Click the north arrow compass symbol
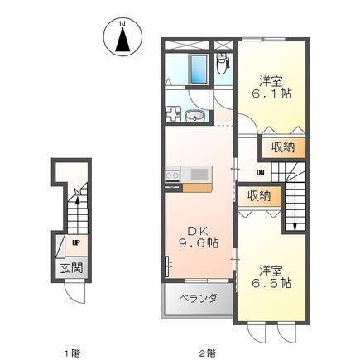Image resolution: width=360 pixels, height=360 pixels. point(122,37)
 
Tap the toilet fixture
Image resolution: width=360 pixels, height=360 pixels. point(222,64)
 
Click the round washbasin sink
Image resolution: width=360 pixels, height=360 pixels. point(194,116)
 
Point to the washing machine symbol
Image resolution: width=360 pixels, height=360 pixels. point(173,114)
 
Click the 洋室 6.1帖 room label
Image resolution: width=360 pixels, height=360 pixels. point(271,88)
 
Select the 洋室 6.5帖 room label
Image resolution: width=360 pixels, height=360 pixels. point(271,277)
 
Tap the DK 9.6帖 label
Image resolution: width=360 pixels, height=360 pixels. point(199,237)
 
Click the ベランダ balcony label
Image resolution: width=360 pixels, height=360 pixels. point(199,298)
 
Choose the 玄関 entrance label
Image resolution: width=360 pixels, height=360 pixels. point(72,267)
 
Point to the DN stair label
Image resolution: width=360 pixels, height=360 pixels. point(261,173)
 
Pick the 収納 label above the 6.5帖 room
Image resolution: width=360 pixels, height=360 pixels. point(259,196)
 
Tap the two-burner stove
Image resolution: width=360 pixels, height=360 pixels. point(172,175)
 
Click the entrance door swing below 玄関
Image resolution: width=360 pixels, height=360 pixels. point(74,293)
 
